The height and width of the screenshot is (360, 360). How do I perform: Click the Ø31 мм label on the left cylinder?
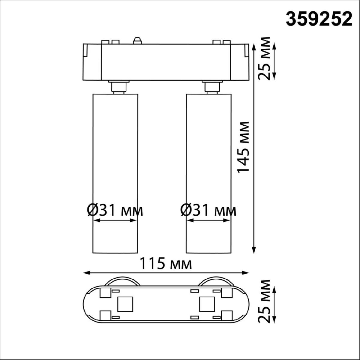click(115, 210)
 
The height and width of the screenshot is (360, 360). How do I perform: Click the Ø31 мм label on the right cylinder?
click(208, 210)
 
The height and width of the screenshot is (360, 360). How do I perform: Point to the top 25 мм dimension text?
click(265, 58)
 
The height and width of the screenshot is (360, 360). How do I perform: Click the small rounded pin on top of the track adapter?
click(137, 40)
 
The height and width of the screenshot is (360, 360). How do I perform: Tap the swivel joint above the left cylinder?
click(119, 87)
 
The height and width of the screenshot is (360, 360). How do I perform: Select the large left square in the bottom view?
click(125, 304)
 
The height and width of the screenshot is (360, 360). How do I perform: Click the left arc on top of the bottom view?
click(123, 280)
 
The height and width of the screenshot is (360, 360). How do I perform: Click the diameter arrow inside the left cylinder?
click(115, 220)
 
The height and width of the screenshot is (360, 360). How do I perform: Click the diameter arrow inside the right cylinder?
click(208, 220)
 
